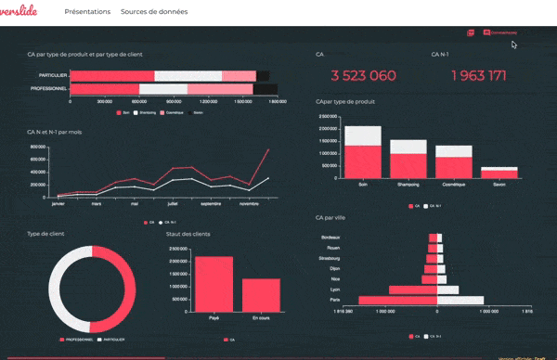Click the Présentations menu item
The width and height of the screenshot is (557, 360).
tap(87, 12)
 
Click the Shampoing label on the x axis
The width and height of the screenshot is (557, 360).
tap(408, 184)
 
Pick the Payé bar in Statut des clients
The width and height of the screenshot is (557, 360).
tap(214, 284)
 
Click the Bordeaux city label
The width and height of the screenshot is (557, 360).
tap(329, 238)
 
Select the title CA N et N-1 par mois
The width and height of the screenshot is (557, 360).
tap(55, 132)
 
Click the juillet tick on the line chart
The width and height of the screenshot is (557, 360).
tap(174, 202)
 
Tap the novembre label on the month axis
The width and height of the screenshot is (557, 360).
tap(249, 202)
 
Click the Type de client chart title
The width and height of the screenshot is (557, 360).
tap(45, 234)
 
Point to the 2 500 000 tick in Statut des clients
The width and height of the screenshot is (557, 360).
tap(180, 249)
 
